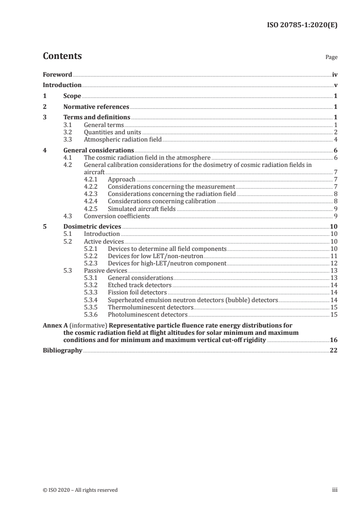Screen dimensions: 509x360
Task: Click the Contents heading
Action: click(x=62, y=57)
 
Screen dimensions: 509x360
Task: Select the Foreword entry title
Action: click(x=57, y=74)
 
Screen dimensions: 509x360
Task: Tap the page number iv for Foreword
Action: click(x=335, y=74)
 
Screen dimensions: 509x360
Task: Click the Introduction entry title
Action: click(x=62, y=85)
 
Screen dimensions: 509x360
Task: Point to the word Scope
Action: click(x=72, y=96)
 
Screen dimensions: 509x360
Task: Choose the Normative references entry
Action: click(x=96, y=107)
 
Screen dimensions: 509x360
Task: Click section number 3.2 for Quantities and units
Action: click(x=68, y=132)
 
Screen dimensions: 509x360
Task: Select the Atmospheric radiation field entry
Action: click(x=123, y=139)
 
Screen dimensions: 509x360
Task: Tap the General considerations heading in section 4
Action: click(x=99, y=150)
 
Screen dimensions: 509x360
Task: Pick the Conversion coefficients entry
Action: click(x=117, y=216)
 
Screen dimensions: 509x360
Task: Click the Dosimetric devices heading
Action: click(x=92, y=227)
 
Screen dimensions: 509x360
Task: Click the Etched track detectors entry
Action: click(x=140, y=285)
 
